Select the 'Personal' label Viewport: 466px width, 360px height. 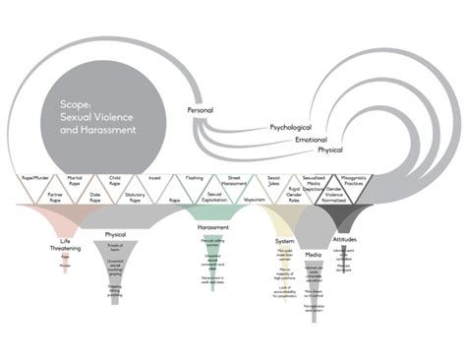[x=201, y=111]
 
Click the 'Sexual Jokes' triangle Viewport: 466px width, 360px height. [x=275, y=179]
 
